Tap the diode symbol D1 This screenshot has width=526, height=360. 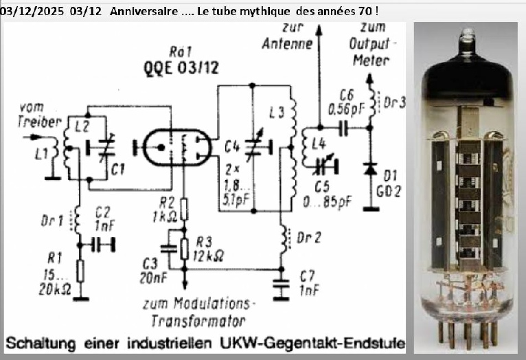click(371, 168)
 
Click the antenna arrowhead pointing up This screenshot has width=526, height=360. click(317, 28)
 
